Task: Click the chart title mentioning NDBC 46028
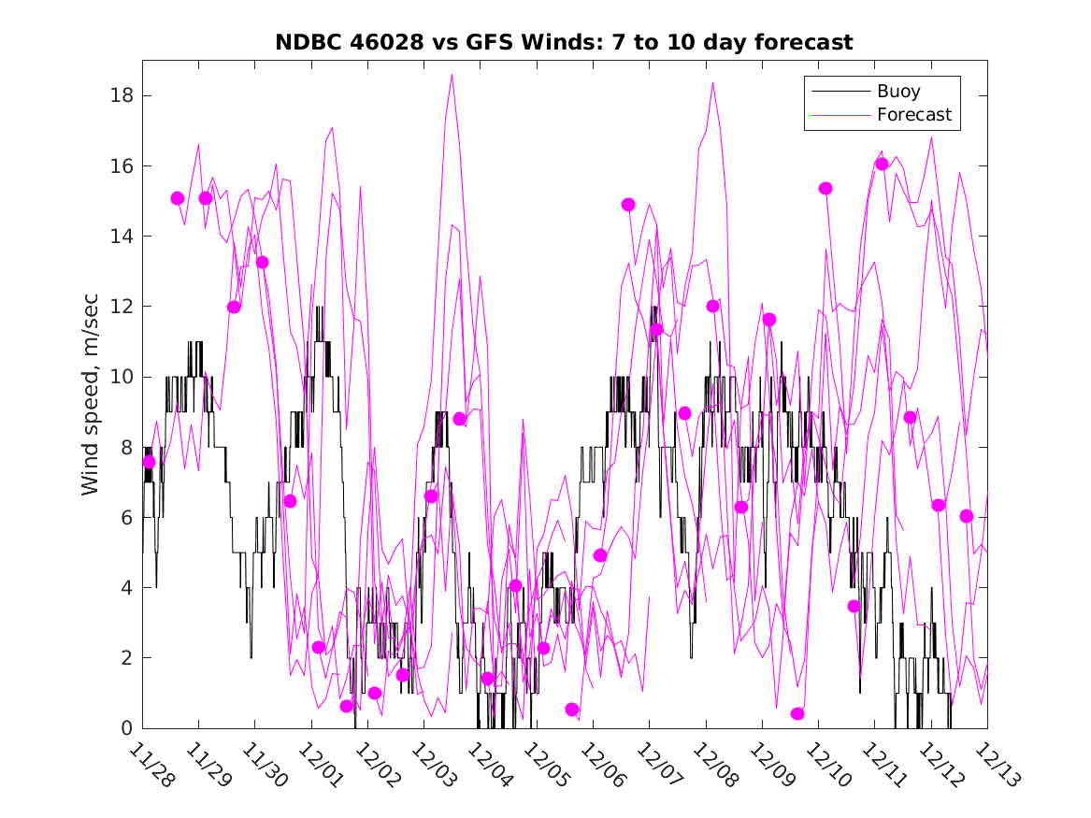click(x=564, y=43)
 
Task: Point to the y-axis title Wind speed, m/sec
click(x=90, y=394)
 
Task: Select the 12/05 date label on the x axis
click(x=544, y=766)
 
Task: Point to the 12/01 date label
click(x=319, y=766)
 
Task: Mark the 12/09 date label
click(x=769, y=766)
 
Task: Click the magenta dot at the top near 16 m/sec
click(x=882, y=165)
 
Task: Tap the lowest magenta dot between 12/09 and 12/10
click(x=797, y=713)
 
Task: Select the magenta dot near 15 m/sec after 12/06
click(x=628, y=205)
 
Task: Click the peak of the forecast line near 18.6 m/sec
click(x=452, y=75)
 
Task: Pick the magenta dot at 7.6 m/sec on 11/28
click(x=149, y=462)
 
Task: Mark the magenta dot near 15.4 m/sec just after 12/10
click(x=825, y=188)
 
